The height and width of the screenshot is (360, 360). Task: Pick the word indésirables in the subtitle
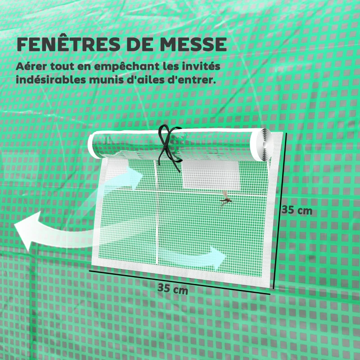pos(50,80)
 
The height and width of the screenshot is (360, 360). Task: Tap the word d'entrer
pos(193,80)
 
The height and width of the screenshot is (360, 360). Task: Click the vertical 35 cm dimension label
pos(297,210)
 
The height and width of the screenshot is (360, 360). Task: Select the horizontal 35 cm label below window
pos(173,288)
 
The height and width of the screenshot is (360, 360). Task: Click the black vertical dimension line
pos(280,211)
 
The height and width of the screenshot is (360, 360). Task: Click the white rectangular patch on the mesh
pos(211,175)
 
